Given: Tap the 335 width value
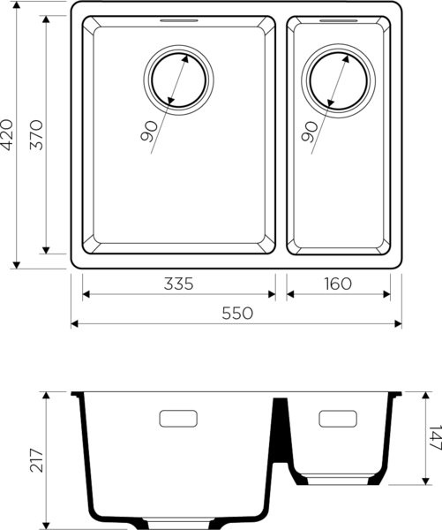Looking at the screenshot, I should tap(177, 284).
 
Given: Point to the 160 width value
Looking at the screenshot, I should tap(338, 284).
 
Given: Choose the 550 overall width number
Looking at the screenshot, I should tap(237, 313).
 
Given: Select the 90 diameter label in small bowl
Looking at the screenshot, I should tap(309, 132).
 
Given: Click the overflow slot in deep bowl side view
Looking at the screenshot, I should tap(179, 418).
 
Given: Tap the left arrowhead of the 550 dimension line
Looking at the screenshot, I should tap(74, 323).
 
